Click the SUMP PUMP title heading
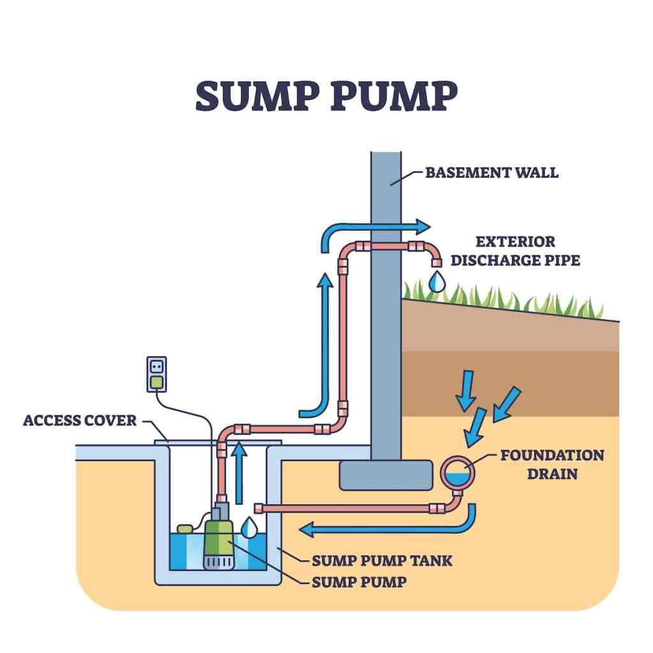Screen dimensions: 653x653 pos(326,96)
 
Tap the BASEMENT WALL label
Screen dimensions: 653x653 pos(491,172)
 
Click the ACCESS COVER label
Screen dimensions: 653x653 pos(80,420)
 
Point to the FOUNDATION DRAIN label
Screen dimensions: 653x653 pos(552,464)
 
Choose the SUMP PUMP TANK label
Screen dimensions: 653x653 pos(382,561)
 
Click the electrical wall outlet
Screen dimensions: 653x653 pos(156,374)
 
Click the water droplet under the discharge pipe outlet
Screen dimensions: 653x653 pos(436,281)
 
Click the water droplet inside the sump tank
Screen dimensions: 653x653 pos(251,527)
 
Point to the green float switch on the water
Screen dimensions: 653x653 pos(185,528)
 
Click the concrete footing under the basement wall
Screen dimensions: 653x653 pos(385,475)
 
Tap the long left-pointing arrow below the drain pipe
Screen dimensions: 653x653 pos(383,528)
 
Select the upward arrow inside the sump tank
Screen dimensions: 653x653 pos(239,472)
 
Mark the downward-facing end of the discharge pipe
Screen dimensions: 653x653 pos(436,261)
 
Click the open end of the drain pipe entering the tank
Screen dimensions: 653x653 pos(259,508)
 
